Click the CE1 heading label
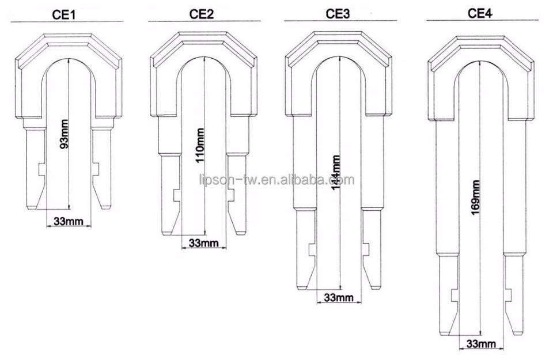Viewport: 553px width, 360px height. tap(64, 14)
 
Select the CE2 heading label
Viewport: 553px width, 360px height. tap(202, 14)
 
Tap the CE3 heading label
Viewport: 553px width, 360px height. tap(338, 14)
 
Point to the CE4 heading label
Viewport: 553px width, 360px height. tap(480, 13)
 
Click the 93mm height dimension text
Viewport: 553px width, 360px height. tap(65, 134)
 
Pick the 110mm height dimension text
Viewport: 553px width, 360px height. tap(200, 145)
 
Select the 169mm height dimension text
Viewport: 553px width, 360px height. tap(475, 198)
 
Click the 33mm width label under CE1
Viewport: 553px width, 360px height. tap(69, 221)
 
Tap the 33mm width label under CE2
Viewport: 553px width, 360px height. tap(203, 243)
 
